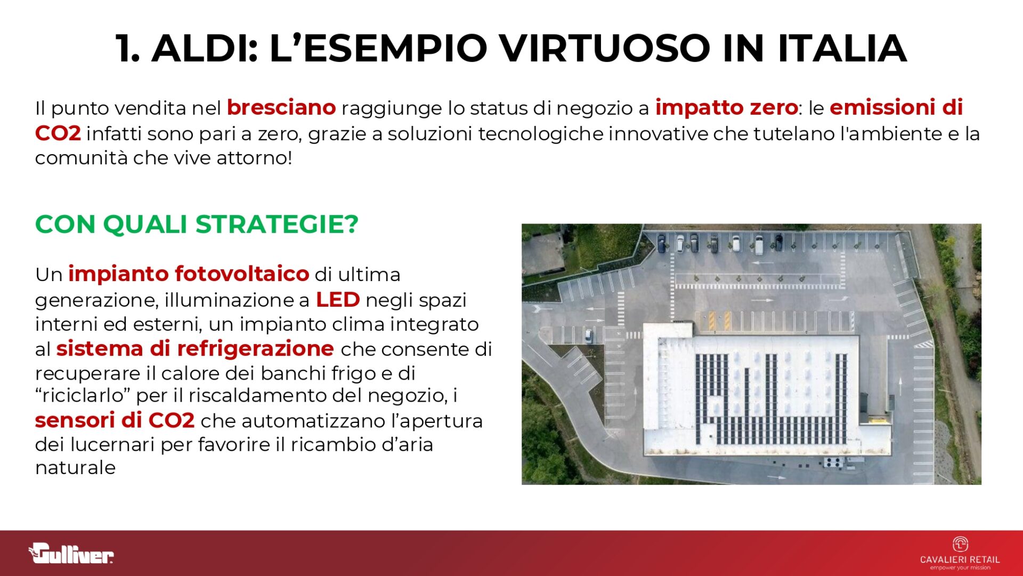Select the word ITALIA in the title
tap(842, 48)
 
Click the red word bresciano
tap(281, 108)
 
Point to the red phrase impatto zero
tap(726, 108)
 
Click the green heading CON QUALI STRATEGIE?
tap(197, 224)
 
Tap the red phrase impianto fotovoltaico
tap(189, 274)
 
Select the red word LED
tap(338, 300)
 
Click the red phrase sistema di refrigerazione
tap(195, 349)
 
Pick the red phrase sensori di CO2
tap(115, 420)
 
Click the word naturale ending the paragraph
tap(75, 468)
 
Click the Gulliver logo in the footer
tap(71, 553)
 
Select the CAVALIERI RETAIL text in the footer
tap(960, 559)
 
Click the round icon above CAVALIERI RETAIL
tap(960, 544)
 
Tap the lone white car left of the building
tap(588, 335)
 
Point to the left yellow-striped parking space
tap(712, 321)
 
